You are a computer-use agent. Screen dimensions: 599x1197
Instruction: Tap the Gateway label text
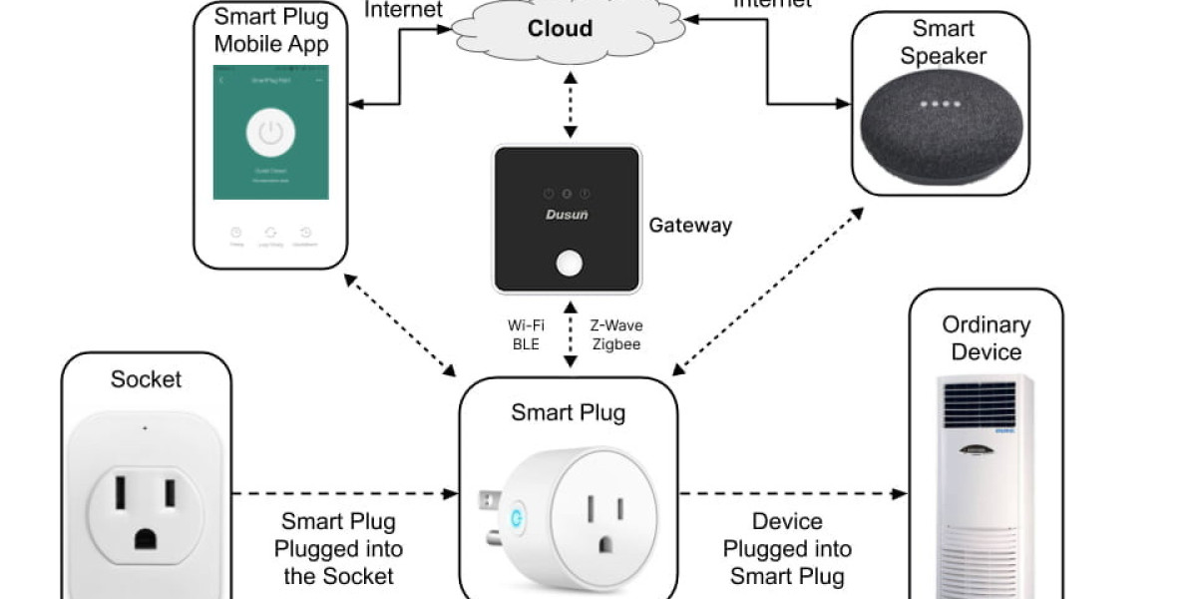pos(690,226)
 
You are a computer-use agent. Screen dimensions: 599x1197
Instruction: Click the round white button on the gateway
pos(569,265)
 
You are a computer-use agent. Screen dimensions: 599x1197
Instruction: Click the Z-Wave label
pos(614,324)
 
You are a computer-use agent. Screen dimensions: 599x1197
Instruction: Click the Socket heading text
pos(146,379)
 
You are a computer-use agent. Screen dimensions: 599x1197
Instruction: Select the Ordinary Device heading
pos(986,338)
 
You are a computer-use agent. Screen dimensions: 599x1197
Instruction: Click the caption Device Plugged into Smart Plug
pos(787,548)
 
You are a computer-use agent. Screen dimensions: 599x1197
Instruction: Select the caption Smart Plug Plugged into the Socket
pos(338,548)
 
